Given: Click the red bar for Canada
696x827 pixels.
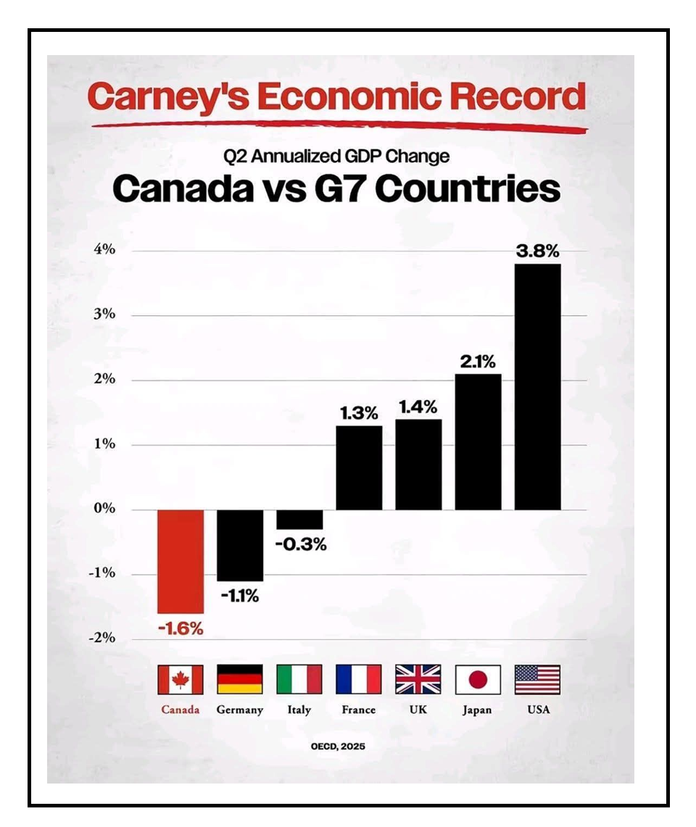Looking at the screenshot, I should coord(181,561).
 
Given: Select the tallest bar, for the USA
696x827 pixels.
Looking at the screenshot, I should coord(537,386).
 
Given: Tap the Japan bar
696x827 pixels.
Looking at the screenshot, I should coord(478,441).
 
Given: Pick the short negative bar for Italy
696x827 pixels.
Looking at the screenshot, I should coord(299,519).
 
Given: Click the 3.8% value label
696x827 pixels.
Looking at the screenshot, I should coord(537,252).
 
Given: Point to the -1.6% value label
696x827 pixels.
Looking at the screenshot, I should coord(181,628).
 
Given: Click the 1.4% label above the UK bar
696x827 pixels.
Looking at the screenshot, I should coord(418,407).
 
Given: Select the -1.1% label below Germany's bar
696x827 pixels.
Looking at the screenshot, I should coord(240,597).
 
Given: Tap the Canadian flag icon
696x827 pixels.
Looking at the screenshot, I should coord(181,680).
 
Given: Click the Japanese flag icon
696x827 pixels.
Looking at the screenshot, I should coord(478,680).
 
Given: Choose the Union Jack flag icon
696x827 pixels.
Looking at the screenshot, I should coord(418,680).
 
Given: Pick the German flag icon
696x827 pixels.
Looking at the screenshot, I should coord(240,680).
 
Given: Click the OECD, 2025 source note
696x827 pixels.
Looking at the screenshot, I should coord(339,745).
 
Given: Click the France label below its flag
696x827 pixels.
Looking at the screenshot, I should coord(358,710).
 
